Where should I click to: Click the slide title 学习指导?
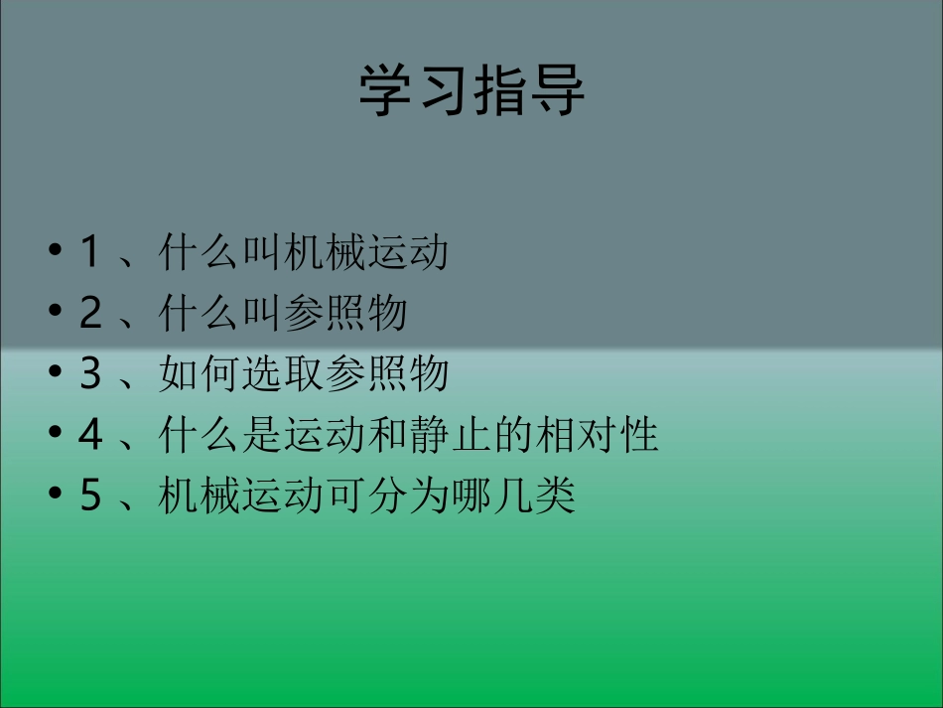coord(471,91)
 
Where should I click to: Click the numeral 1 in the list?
coord(89,253)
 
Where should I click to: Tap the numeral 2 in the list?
coord(90,314)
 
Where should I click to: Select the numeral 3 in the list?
coord(90,374)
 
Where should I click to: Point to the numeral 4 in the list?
coord(90,435)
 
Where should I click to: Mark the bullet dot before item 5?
coord(56,493)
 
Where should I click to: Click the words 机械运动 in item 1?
coord(366,253)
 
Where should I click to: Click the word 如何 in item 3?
coord(200,374)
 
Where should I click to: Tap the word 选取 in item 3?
coord(283,374)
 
